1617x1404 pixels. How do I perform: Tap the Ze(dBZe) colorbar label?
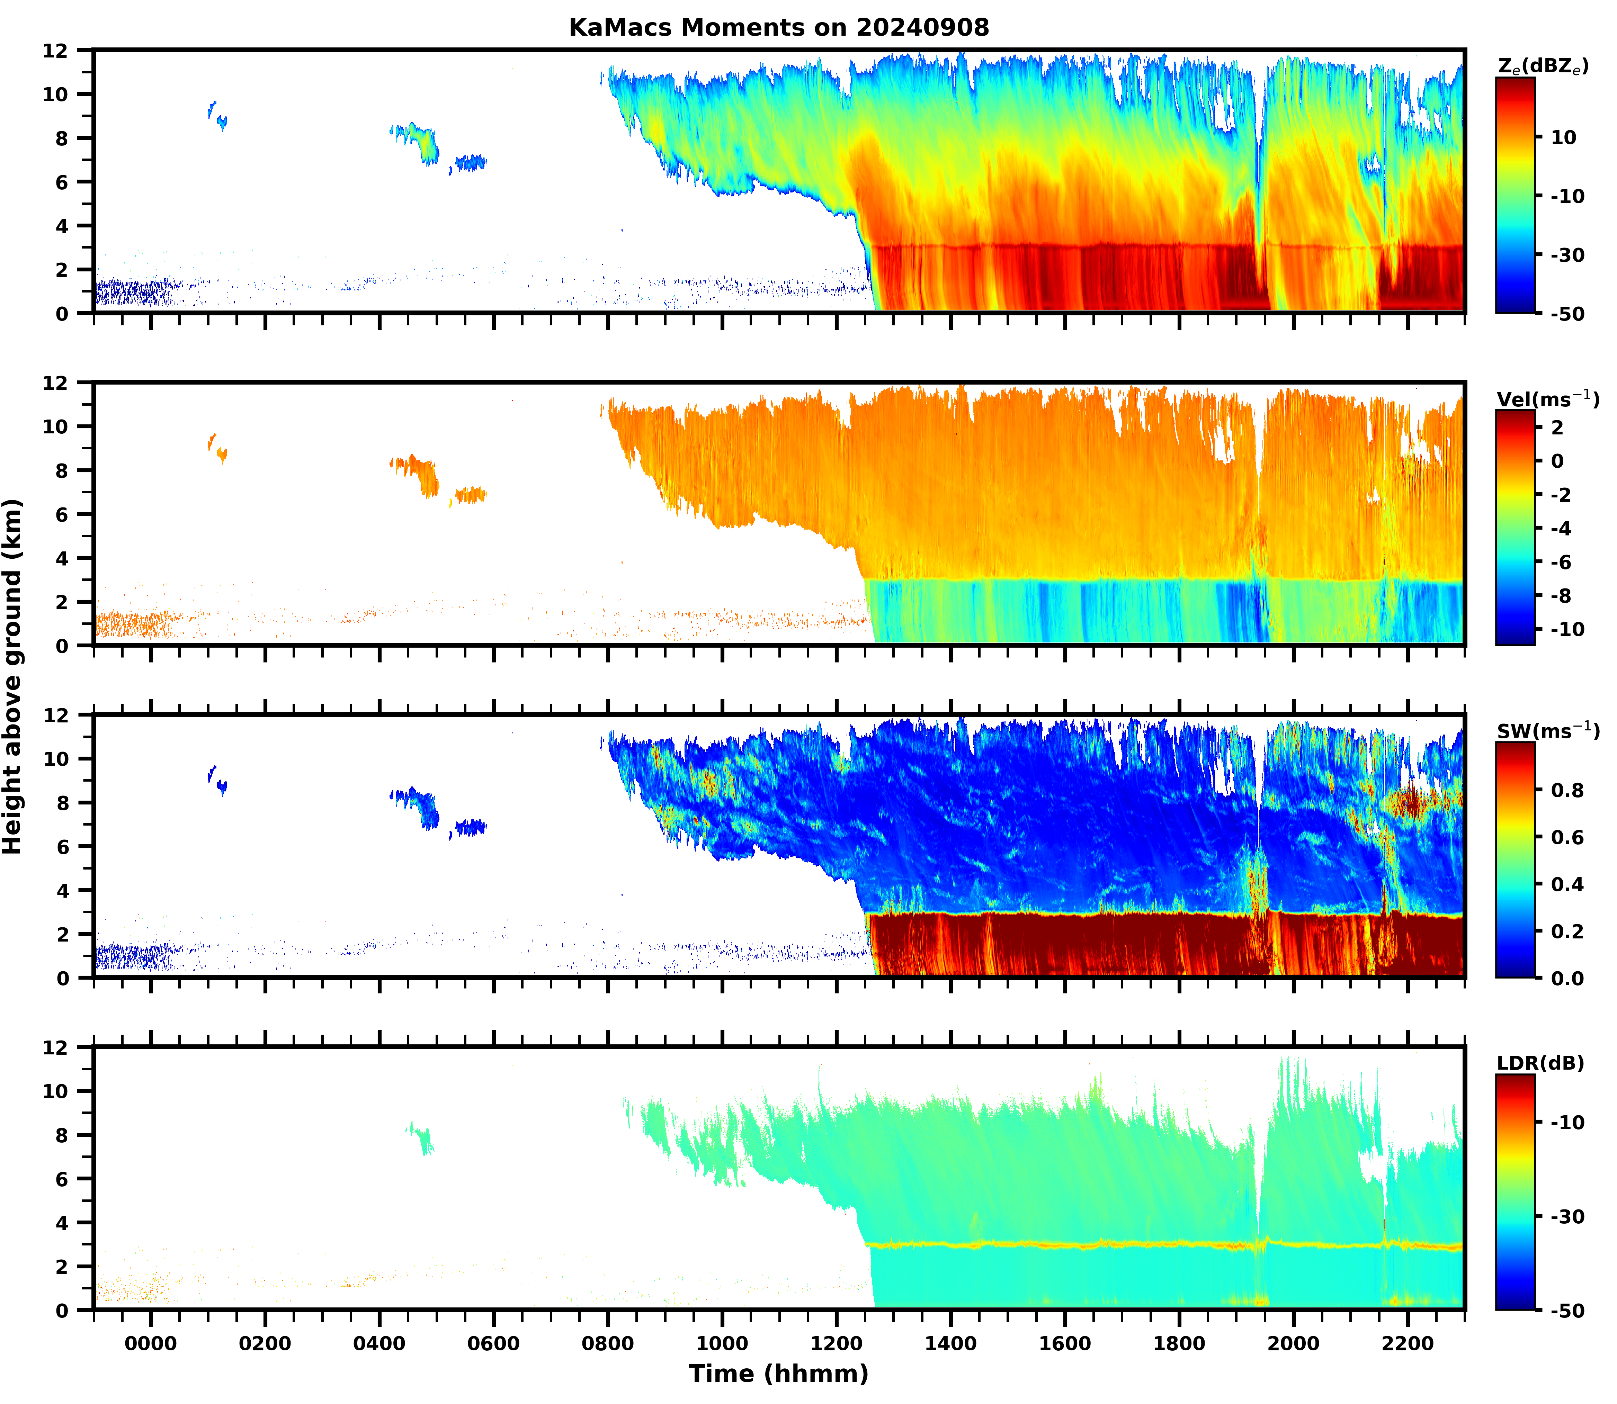tap(1543, 66)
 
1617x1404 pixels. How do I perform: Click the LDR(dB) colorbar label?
tap(1540, 1063)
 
